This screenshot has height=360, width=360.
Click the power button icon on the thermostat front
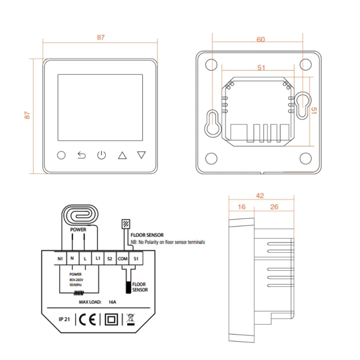pos(101,155)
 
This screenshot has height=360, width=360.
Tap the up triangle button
pos(122,155)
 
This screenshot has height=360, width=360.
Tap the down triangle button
pos(142,155)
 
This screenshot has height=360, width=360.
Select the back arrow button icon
pos(81,155)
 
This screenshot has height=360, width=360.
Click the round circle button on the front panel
pos(61,155)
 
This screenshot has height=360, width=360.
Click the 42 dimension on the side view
pos(260,196)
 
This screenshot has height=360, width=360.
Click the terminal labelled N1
pos(60,259)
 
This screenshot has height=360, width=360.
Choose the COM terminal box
pos(123,259)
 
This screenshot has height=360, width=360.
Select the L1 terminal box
pos(97,259)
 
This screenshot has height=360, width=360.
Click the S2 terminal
pos(110,259)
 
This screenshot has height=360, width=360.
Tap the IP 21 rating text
pos(62,320)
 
